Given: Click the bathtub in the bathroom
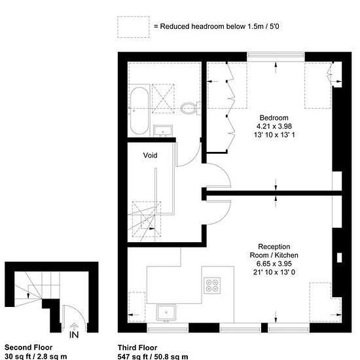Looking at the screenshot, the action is pyautogui.click(x=139, y=111).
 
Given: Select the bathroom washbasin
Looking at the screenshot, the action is pyautogui.click(x=163, y=131).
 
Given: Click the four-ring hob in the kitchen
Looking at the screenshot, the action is pyautogui.click(x=212, y=285).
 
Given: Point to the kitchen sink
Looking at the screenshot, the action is pyautogui.click(x=166, y=312).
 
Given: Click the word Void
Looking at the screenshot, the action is pyautogui.click(x=150, y=155).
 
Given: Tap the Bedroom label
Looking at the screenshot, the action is pyautogui.click(x=274, y=118).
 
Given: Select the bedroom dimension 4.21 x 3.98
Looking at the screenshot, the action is pyautogui.click(x=274, y=126).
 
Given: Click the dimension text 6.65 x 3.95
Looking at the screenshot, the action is pyautogui.click(x=274, y=264).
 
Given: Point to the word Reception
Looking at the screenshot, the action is pyautogui.click(x=274, y=247).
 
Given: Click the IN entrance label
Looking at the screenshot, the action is pyautogui.click(x=74, y=334).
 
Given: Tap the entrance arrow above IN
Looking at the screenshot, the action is pyautogui.click(x=74, y=327).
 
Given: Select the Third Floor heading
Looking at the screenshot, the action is pyautogui.click(x=137, y=348).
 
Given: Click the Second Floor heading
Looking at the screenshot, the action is pyautogui.click(x=28, y=347).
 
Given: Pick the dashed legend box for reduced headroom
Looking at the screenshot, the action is pyautogui.click(x=134, y=27).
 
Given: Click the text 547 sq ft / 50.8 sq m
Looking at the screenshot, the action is pyautogui.click(x=153, y=357).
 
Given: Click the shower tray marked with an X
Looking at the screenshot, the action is pyautogui.click(x=163, y=98).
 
